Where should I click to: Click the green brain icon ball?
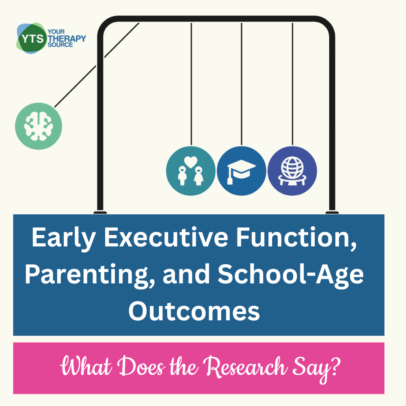[39, 126]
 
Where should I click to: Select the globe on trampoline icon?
[292, 171]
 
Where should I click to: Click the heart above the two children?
[191, 162]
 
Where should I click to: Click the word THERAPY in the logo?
[67, 39]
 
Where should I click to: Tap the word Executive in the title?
[166, 237]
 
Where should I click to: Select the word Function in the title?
[296, 238]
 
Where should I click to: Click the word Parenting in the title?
[90, 275]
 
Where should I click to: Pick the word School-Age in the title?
[291, 275]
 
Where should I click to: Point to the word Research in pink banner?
[245, 367]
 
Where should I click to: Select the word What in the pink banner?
[86, 366]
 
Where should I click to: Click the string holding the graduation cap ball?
[242, 84]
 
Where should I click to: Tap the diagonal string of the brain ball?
[97, 65]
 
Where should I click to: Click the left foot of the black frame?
[100, 213]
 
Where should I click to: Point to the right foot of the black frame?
[332, 213]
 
